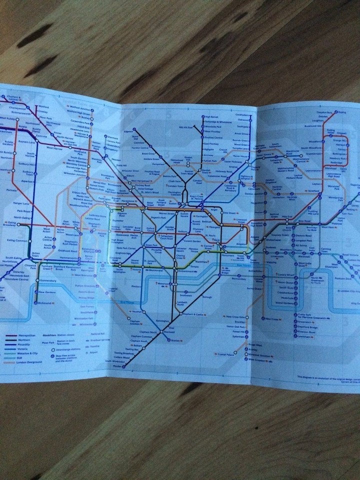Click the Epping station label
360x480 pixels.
pos(342,112)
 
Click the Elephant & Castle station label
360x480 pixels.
pos(195,314)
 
